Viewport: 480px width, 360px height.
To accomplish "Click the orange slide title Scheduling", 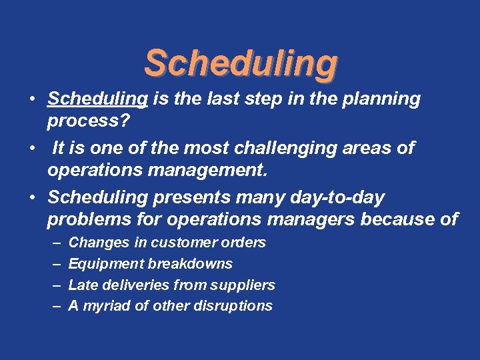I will [x=241, y=63].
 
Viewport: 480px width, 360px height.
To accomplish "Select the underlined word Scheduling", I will [x=97, y=99].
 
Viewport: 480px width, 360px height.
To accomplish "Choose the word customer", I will [x=180, y=243].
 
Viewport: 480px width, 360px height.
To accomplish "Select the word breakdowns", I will [x=190, y=264].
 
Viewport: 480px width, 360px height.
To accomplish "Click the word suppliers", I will [x=243, y=285].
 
